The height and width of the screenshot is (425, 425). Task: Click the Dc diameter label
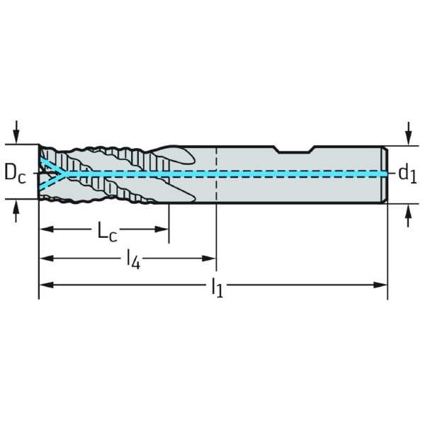(15, 174)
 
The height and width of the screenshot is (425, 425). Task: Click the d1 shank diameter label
(408, 174)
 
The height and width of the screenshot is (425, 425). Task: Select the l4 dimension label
(133, 261)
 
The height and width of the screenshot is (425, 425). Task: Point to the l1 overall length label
(217, 288)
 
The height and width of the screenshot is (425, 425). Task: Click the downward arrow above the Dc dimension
(16, 132)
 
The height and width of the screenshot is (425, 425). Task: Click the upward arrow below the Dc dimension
(16, 211)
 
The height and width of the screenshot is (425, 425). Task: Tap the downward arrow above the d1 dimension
(409, 134)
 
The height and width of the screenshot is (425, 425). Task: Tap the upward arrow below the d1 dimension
(409, 216)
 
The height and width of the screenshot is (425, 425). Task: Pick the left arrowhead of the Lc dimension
(46, 229)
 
